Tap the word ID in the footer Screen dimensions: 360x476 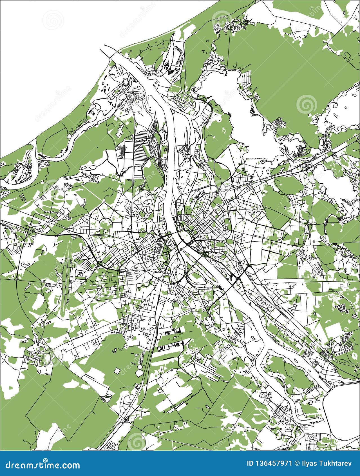click(250, 464)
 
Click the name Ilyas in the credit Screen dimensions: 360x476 click(309, 464)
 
